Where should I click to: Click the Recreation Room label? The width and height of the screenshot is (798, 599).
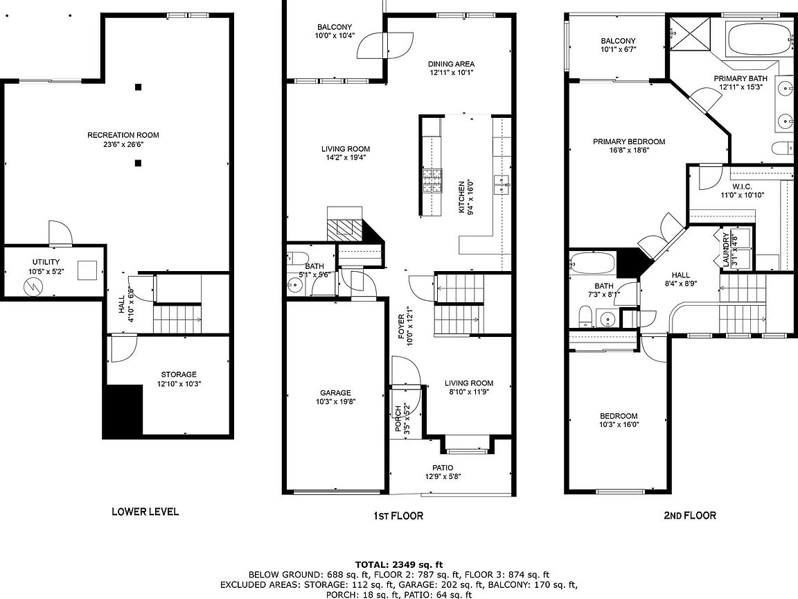click(x=123, y=135)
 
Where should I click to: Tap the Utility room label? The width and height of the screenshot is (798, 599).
click(x=46, y=262)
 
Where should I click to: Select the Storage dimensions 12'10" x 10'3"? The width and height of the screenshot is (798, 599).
click(x=179, y=383)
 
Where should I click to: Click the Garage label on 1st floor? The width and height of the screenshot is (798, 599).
click(x=335, y=392)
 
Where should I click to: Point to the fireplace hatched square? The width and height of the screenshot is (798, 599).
click(x=344, y=229)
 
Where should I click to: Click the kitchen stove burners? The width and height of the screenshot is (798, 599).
click(x=432, y=181)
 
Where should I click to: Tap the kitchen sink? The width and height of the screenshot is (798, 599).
click(x=502, y=184)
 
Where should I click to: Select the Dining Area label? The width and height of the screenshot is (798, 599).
click(x=452, y=64)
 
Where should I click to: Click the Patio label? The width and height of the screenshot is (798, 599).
click(x=443, y=467)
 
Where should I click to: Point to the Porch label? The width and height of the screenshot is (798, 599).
click(x=399, y=419)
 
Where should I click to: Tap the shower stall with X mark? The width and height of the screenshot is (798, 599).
click(x=689, y=33)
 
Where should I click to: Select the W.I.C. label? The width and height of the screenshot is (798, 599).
click(x=743, y=187)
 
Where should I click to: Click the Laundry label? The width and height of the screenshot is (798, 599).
click(x=726, y=250)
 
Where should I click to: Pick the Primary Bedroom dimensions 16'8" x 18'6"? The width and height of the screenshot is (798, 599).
click(x=629, y=150)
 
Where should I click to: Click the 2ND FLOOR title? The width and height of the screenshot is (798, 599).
click(x=690, y=516)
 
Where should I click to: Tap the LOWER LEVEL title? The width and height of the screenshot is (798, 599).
click(x=145, y=512)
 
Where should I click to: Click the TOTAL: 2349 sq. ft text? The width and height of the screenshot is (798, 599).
click(x=399, y=564)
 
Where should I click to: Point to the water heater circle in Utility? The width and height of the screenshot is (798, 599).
click(x=33, y=287)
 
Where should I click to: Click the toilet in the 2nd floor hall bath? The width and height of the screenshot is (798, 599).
click(x=585, y=316)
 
